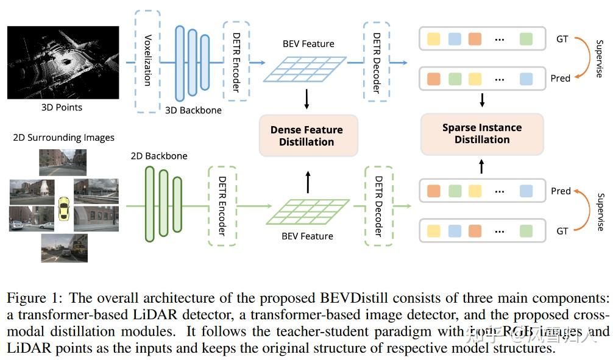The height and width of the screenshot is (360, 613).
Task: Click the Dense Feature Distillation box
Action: click(306, 135)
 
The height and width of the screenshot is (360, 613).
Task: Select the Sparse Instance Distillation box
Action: click(481, 133)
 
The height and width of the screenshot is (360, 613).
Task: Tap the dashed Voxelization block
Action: click(147, 61)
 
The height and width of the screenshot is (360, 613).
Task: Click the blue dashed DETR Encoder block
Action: click(236, 61)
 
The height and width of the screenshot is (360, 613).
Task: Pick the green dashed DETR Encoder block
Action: click(221, 205)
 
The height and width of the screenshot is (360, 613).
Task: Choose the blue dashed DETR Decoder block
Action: click(376, 62)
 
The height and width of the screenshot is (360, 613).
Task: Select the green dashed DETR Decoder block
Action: click(378, 206)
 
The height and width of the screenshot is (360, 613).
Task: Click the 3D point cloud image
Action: click(63, 62)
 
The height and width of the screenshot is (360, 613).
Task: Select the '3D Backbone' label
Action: click(193, 110)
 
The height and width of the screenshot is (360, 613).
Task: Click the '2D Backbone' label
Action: click(159, 156)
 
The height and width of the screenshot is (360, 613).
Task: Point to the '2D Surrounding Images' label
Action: click(63, 138)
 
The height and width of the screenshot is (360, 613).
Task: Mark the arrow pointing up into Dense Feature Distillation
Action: click(308, 181)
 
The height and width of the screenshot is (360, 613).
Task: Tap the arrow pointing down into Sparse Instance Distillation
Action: click(482, 99)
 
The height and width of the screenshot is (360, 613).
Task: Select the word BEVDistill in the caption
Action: click(347, 298)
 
